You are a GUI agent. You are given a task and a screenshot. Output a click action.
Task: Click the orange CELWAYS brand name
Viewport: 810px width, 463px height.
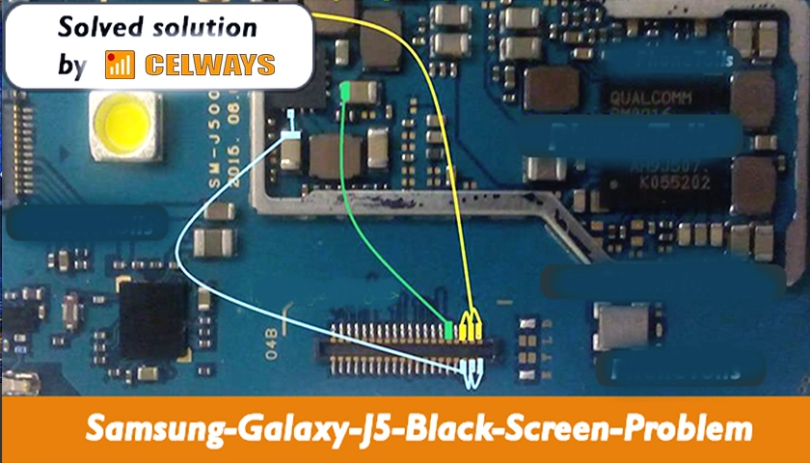[210, 66]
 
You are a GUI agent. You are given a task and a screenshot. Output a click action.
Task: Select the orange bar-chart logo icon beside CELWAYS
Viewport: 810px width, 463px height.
[121, 65]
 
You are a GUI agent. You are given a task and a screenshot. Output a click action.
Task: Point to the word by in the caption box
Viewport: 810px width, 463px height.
[71, 66]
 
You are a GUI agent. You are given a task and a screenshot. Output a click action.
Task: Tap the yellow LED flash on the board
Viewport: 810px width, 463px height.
[121, 124]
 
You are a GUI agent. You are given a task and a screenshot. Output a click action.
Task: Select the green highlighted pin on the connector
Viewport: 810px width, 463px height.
[449, 330]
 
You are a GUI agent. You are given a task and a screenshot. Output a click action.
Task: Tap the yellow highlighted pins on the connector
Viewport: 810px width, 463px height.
[470, 326]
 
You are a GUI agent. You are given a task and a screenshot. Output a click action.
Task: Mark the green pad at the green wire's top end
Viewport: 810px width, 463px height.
[346, 91]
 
